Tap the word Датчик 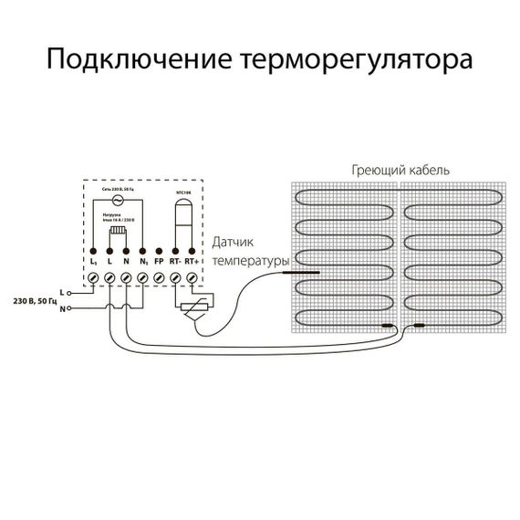tap(234, 244)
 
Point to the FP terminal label tap(160, 262)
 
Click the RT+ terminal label tap(192, 262)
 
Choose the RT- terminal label tap(175, 262)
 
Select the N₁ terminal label tap(143, 262)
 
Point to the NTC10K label tap(182, 192)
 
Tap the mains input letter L tap(61, 291)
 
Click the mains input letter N tap(61, 309)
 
